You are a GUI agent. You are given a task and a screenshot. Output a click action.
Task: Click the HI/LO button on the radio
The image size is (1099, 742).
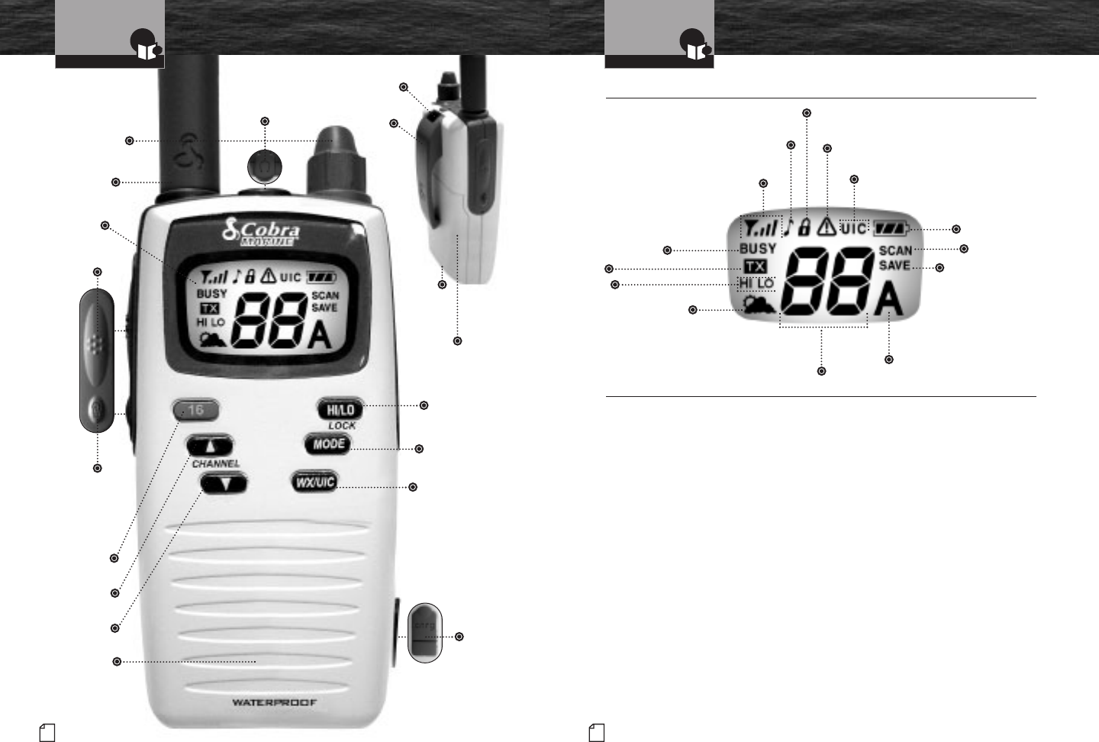click(340, 409)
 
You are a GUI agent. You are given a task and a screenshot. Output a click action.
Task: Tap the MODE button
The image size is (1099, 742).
click(327, 444)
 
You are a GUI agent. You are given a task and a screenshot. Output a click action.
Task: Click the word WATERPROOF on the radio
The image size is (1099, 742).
click(275, 702)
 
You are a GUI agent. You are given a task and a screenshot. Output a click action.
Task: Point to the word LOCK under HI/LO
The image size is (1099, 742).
click(341, 425)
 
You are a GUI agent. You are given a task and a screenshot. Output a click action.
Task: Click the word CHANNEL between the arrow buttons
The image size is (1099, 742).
click(215, 463)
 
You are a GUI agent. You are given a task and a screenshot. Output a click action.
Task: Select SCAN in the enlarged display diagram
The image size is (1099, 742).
click(895, 250)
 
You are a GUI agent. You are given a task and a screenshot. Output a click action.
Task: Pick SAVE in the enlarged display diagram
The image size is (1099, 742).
click(894, 266)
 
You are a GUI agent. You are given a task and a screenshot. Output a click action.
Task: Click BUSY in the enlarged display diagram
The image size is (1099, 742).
click(758, 249)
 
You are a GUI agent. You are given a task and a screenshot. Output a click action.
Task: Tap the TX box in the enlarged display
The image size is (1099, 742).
click(756, 266)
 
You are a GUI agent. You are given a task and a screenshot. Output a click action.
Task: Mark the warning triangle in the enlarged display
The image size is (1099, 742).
click(826, 226)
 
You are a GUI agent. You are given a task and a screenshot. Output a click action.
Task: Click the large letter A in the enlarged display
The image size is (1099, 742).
click(888, 302)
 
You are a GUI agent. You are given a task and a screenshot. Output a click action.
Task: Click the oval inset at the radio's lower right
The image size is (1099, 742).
click(425, 631)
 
